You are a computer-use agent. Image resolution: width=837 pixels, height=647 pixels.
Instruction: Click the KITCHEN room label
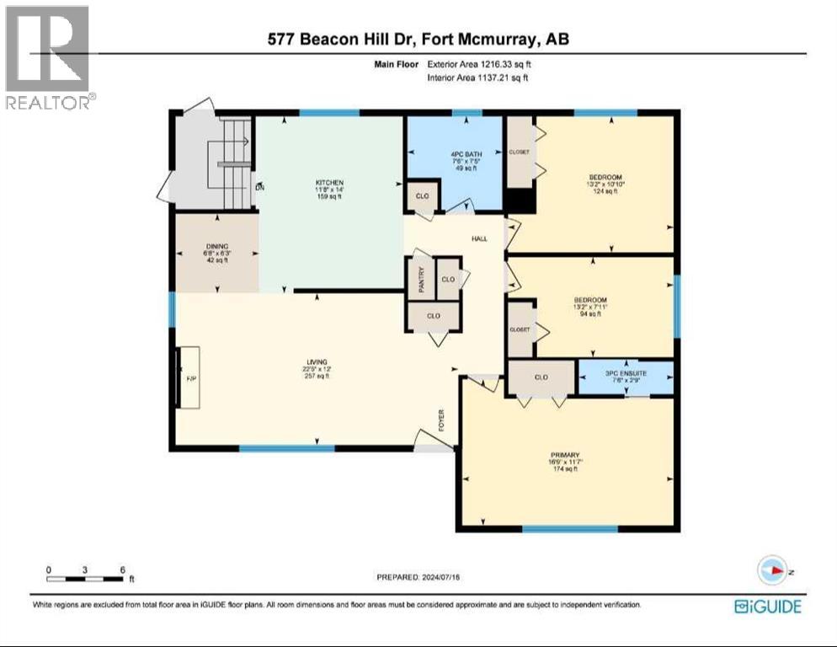pyautogui.click(x=330, y=183)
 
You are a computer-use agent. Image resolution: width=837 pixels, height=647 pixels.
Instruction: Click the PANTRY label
pyautogui.click(x=423, y=277)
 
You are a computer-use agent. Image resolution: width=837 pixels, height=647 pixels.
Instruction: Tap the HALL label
pyautogui.click(x=479, y=239)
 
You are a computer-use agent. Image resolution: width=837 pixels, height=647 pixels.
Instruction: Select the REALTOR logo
pyautogui.click(x=47, y=57)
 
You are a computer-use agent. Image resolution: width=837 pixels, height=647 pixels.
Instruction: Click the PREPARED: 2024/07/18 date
pyautogui.click(x=418, y=577)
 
